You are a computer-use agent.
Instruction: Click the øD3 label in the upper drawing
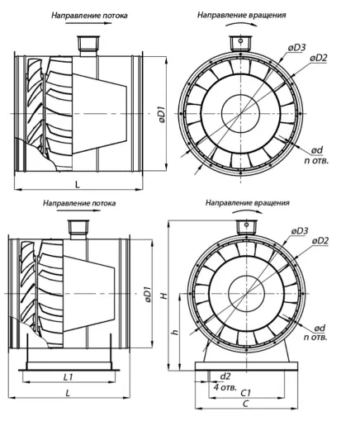pyautogui.click(x=296, y=48)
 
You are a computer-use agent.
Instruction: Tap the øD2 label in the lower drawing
pyautogui.click(x=320, y=241)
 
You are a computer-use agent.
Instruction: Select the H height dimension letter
pyautogui.click(x=164, y=296)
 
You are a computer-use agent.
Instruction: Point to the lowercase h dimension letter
pyautogui.click(x=175, y=332)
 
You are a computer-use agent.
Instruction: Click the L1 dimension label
pyautogui.click(x=68, y=377)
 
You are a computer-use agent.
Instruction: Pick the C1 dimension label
pyautogui.click(x=246, y=393)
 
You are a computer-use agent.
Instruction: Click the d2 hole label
pyautogui.click(x=225, y=376)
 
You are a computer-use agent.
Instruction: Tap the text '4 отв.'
pyautogui.click(x=225, y=387)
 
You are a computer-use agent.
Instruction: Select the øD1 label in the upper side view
pyautogui.click(x=162, y=114)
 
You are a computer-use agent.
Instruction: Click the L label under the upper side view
pyautogui.click(x=78, y=185)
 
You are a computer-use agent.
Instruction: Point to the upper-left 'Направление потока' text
pyautogui.click(x=90, y=16)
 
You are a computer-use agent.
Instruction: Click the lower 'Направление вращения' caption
pyautogui.click(x=248, y=203)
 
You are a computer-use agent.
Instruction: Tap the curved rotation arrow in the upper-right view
pyautogui.click(x=241, y=23)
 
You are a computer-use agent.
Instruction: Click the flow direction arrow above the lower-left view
pyautogui.click(x=78, y=210)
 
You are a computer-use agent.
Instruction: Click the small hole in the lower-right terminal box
pyautogui.click(x=247, y=225)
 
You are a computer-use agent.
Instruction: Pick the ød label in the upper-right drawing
pyautogui.click(x=317, y=150)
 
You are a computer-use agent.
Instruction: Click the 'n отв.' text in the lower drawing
pyautogui.click(x=315, y=338)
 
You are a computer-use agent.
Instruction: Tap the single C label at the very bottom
pyautogui.click(x=246, y=404)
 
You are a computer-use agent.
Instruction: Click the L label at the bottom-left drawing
pyautogui.click(x=68, y=393)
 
